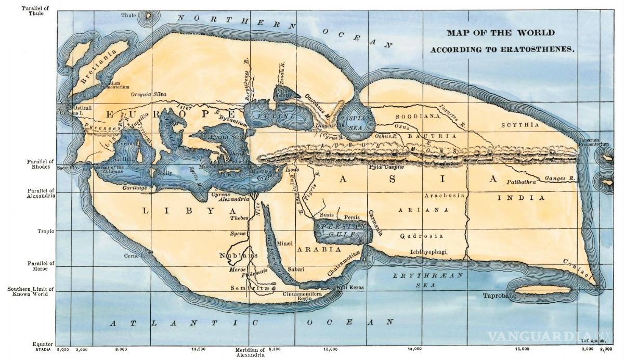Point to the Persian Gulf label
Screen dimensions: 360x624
(341, 231)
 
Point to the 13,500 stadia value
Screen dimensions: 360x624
(200, 350)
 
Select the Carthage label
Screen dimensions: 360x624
(134, 187)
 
